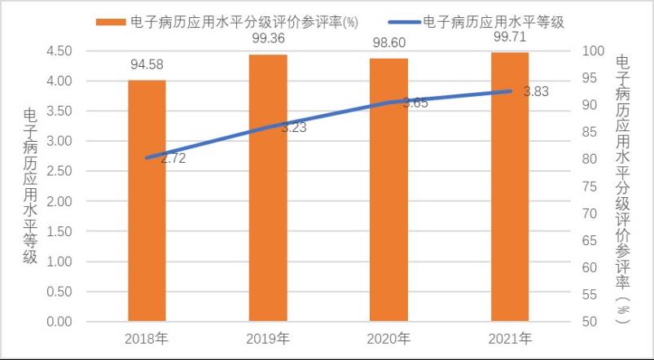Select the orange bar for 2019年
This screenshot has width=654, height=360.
(268, 188)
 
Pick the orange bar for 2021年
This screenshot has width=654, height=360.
(510, 187)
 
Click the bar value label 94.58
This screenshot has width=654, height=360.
(147, 64)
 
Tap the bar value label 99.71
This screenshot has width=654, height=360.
(510, 37)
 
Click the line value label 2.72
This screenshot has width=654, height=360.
(173, 159)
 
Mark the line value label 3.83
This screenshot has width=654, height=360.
(536, 92)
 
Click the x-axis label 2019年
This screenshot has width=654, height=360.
(268, 338)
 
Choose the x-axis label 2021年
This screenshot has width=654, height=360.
(510, 338)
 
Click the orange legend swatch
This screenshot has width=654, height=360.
(108, 22)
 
